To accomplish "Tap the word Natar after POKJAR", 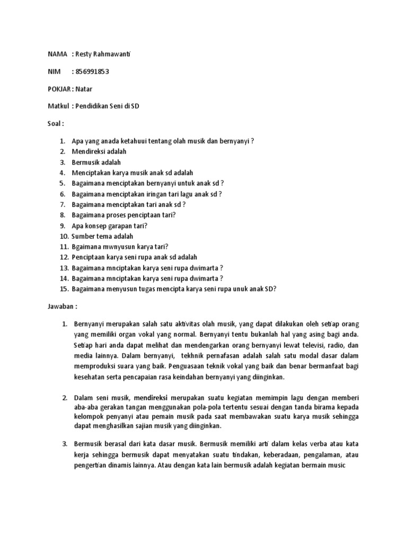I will (x=84, y=89).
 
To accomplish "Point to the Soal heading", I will (x=55, y=123).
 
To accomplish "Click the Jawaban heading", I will (x=63, y=306).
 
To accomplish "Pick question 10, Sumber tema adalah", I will (x=102, y=236).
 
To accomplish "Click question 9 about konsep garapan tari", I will (x=110, y=225).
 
